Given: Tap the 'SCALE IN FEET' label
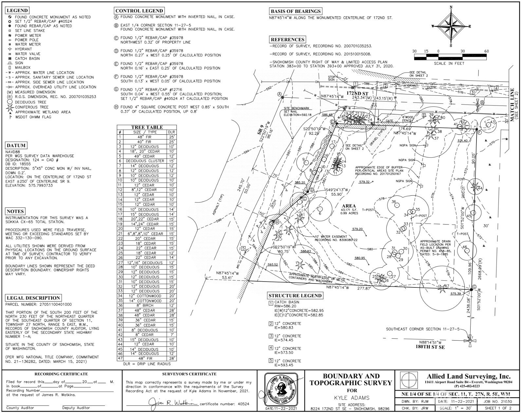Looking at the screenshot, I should (449, 63).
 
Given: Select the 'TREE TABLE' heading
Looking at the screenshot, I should (147, 127).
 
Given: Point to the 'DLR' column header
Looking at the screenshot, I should (171, 132).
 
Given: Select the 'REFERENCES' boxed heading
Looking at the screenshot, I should (288, 40).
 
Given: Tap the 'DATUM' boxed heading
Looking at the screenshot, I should (16, 145).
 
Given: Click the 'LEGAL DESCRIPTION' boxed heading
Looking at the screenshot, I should (33, 298).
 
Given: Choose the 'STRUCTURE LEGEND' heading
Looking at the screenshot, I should (295, 296).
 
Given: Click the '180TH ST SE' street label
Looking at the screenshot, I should (430, 346).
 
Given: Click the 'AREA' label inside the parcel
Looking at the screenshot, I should (348, 206).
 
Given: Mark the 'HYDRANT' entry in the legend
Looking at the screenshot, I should (23, 49).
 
